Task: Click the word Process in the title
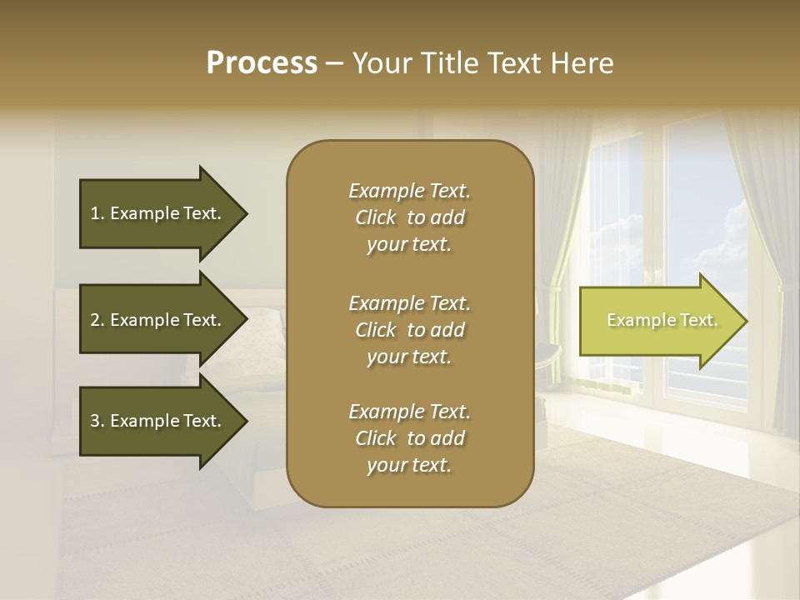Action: click(262, 63)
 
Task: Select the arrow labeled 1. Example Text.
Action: click(158, 213)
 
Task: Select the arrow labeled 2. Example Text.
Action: click(158, 320)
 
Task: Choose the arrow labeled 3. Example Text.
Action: click(158, 421)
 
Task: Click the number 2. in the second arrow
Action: click(97, 320)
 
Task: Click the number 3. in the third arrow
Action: click(97, 421)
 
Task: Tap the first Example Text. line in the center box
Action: click(409, 191)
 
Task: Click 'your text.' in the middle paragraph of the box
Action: click(409, 357)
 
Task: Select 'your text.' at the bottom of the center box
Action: click(409, 466)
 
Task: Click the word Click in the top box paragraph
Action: click(375, 217)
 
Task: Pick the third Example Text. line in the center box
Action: click(409, 412)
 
